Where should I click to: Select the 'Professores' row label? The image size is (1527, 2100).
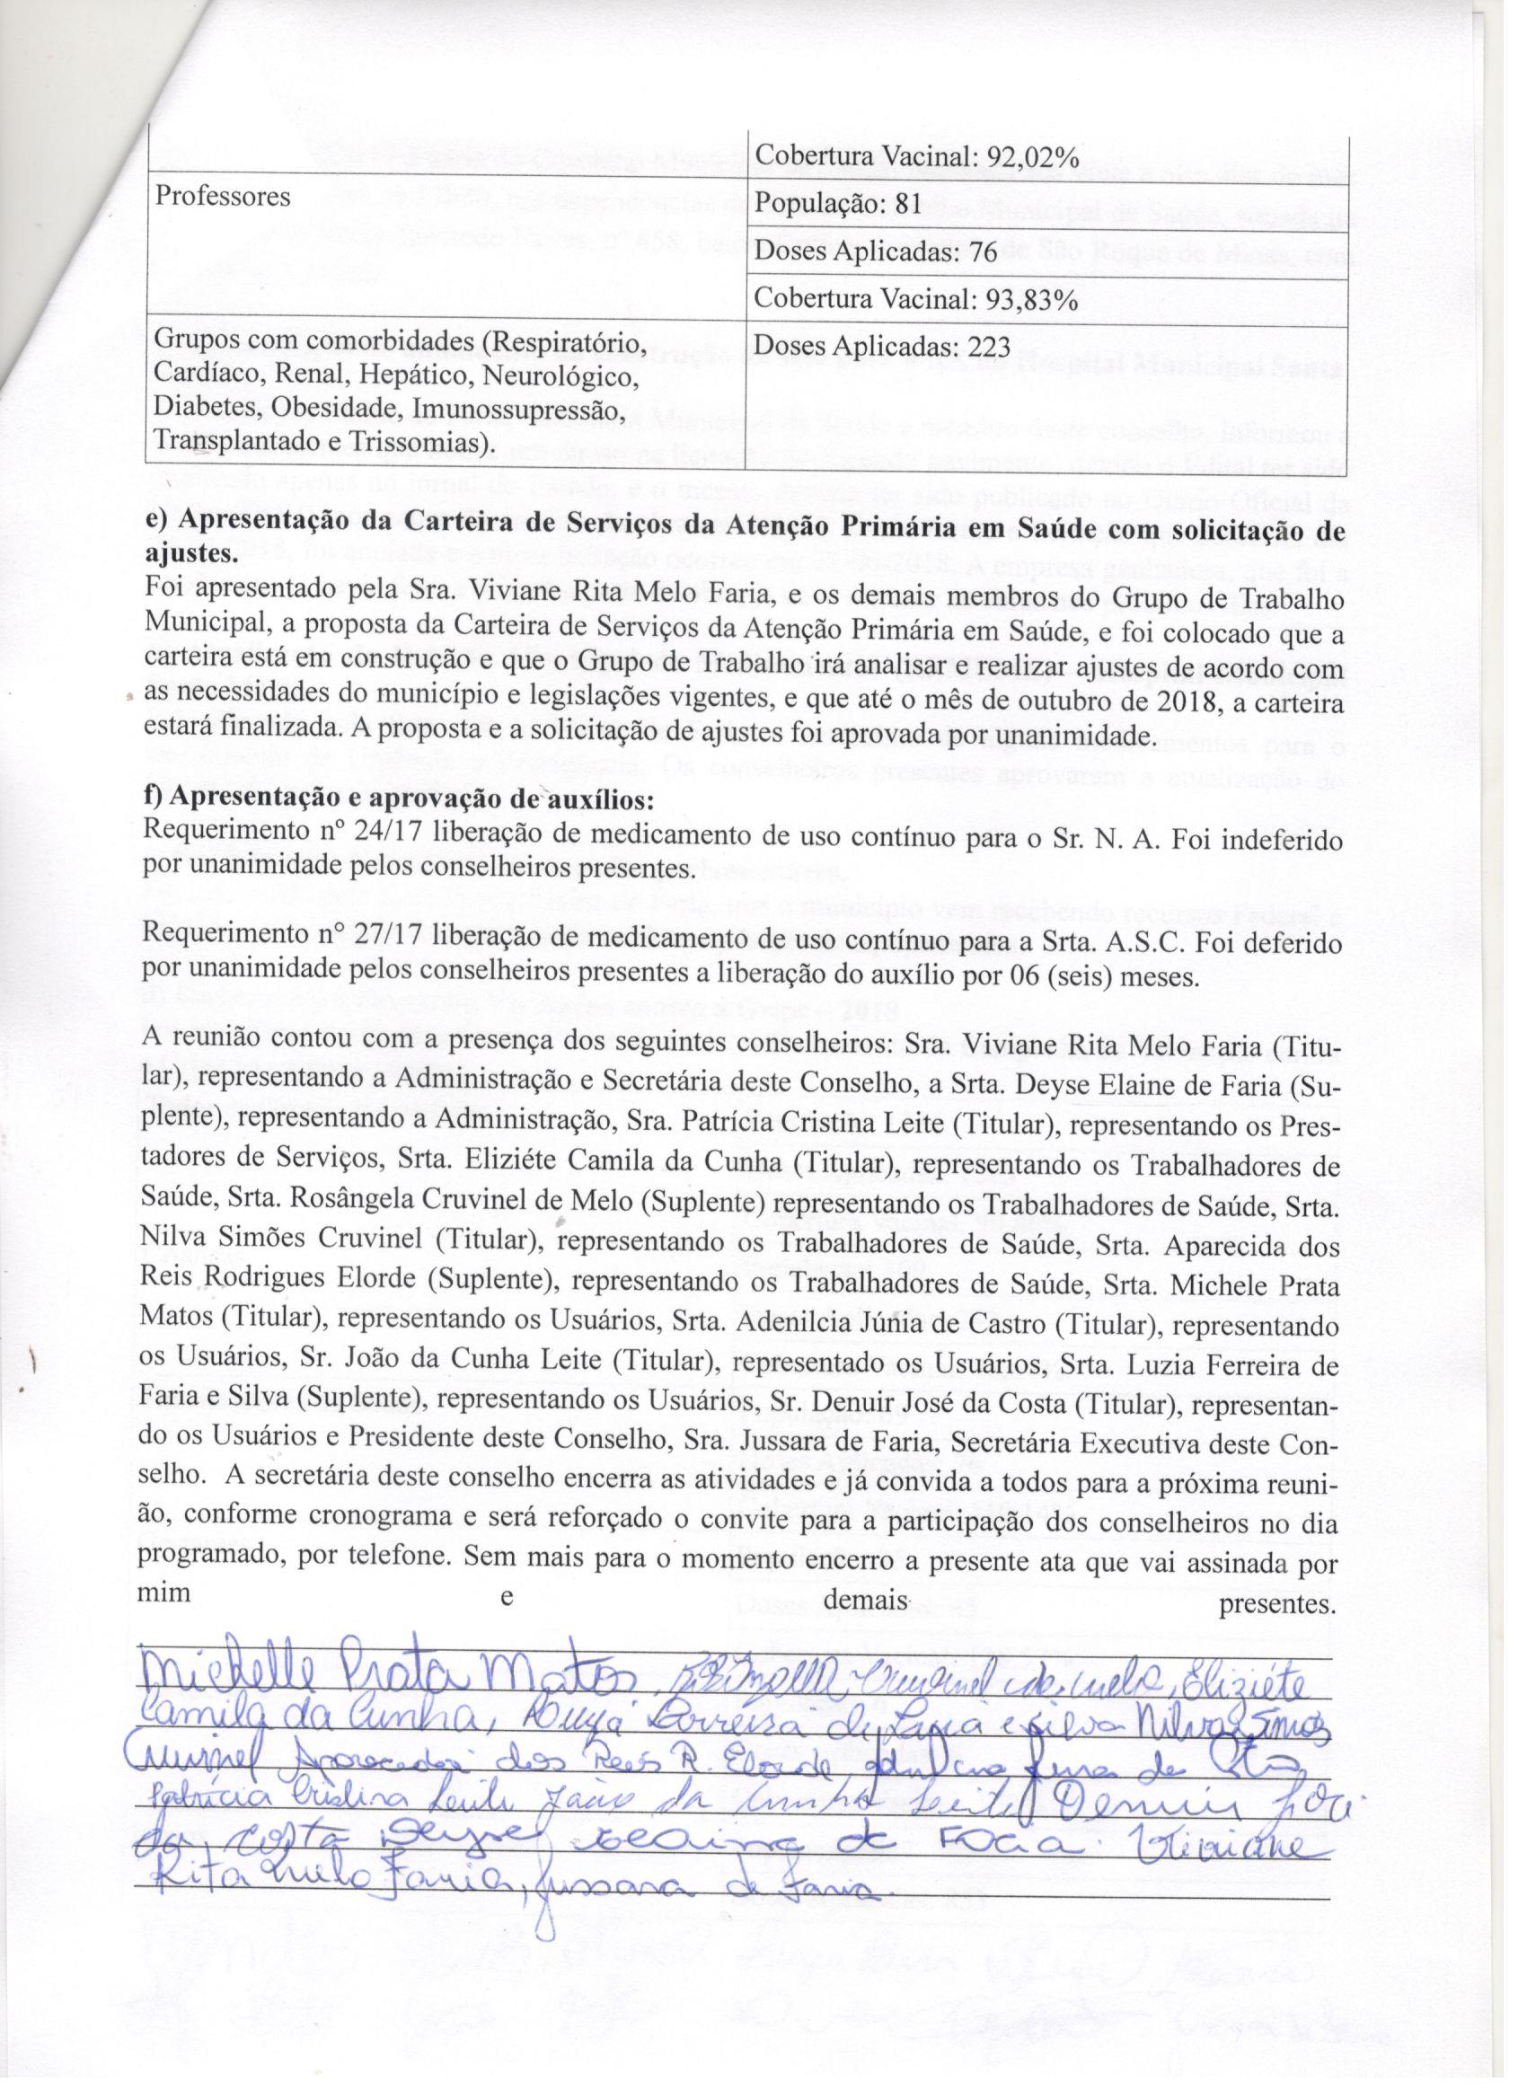(x=222, y=196)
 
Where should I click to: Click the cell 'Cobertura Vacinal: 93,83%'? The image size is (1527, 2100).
(x=916, y=301)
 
